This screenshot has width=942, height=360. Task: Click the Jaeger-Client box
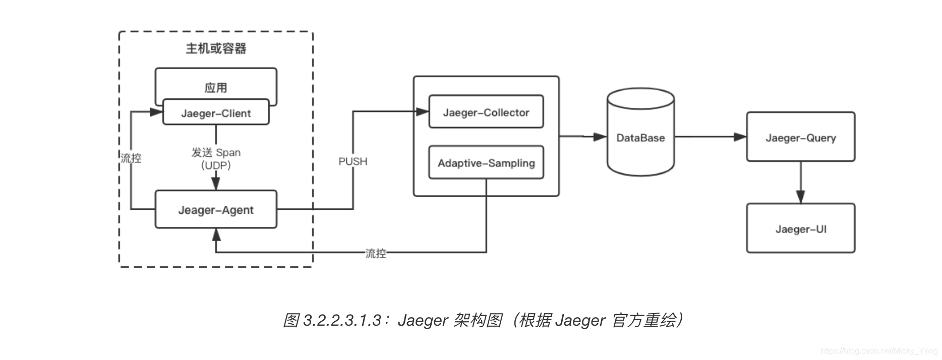coord(216,113)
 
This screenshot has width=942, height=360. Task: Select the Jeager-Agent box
coord(216,210)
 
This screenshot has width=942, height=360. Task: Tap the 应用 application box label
coord(216,87)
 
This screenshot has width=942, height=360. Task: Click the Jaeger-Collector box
coord(486,112)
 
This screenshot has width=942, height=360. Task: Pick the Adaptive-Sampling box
coord(486,163)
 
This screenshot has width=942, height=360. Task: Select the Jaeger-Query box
coord(800,138)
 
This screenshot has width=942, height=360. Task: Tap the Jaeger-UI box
coord(800,229)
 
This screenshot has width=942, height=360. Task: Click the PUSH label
coord(352,161)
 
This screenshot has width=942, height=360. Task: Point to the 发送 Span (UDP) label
coord(216,158)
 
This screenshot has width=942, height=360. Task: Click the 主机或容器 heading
coord(216,48)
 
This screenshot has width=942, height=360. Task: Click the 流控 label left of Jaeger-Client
coord(131,158)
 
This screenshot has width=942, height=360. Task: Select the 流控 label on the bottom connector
coord(376,253)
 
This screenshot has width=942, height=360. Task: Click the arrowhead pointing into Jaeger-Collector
coord(423,111)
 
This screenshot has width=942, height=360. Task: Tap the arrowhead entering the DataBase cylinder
coord(600,137)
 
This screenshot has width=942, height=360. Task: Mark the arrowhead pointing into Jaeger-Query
coord(740,137)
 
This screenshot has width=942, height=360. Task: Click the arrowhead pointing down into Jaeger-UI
coord(800,197)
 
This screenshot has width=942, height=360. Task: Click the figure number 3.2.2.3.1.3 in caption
coord(342,320)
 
